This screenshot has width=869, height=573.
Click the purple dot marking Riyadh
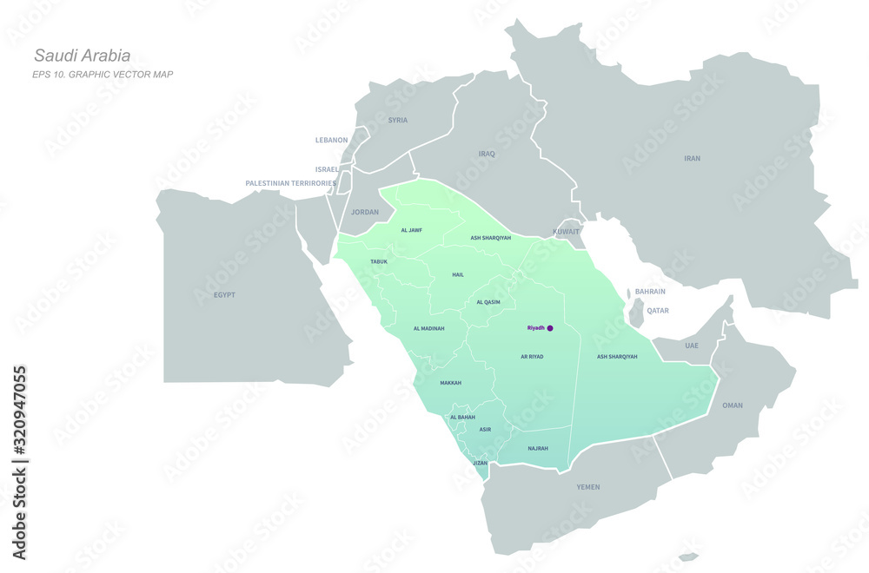tap(550, 328)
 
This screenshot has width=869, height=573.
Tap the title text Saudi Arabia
tap(83, 56)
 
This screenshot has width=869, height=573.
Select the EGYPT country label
tap(224, 295)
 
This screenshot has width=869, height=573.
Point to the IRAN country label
tap(692, 158)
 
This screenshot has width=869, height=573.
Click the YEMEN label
tap(588, 487)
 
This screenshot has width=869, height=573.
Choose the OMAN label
tap(733, 405)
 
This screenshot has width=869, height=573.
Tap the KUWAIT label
tap(566, 233)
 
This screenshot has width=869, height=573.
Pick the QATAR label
tap(658, 310)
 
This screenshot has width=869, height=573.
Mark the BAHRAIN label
tap(650, 292)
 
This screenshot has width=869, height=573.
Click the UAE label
tap(691, 346)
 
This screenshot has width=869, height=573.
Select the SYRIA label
tap(397, 120)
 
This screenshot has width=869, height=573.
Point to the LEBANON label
tap(331, 140)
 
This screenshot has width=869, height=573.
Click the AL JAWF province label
tap(411, 230)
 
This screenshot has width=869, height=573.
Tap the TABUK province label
tap(379, 261)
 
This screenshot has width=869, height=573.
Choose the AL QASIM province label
tap(488, 302)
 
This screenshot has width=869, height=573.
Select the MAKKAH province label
tap(450, 383)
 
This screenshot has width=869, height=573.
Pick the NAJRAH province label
tap(538, 448)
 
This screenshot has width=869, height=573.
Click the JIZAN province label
tap(480, 463)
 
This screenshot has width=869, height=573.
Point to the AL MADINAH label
tap(428, 328)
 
